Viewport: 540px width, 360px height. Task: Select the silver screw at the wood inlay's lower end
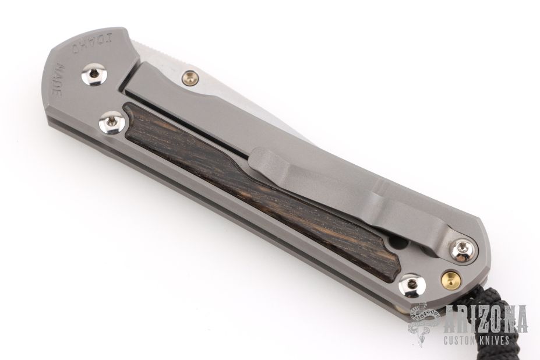pyautogui.click(x=411, y=284)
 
